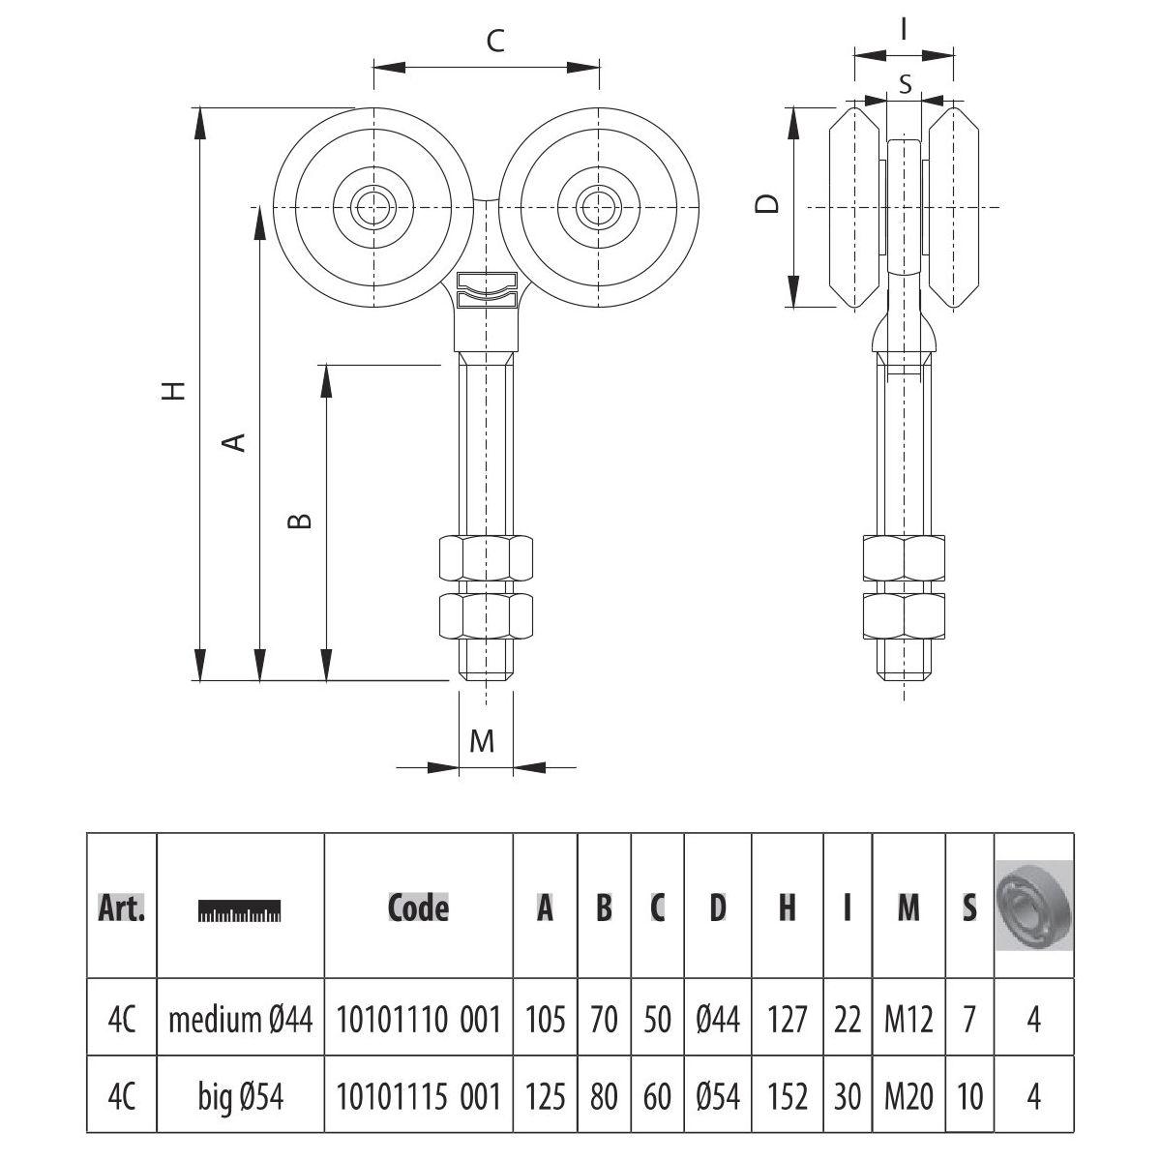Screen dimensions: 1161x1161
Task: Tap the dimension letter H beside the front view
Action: click(173, 390)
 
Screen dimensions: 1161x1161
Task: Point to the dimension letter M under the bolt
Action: click(482, 741)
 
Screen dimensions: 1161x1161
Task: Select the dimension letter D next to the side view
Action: click(767, 205)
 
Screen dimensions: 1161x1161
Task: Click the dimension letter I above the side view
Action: click(903, 30)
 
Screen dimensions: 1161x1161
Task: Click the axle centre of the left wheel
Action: click(372, 205)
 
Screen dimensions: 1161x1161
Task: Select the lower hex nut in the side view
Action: click(903, 616)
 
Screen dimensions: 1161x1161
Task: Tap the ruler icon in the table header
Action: click(239, 910)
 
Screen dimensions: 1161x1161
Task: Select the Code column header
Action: click(418, 908)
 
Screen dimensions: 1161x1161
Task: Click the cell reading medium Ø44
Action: click(240, 1020)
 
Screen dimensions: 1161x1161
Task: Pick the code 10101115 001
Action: click(418, 1096)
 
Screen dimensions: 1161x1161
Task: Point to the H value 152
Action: click(787, 1096)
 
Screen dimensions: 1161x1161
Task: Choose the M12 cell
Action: click(908, 1020)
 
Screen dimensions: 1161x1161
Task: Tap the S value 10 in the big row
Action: click(968, 1096)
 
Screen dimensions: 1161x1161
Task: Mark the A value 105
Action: click(545, 1020)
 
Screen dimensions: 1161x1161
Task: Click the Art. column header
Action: click(122, 908)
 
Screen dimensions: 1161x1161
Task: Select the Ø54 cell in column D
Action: click(717, 1096)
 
